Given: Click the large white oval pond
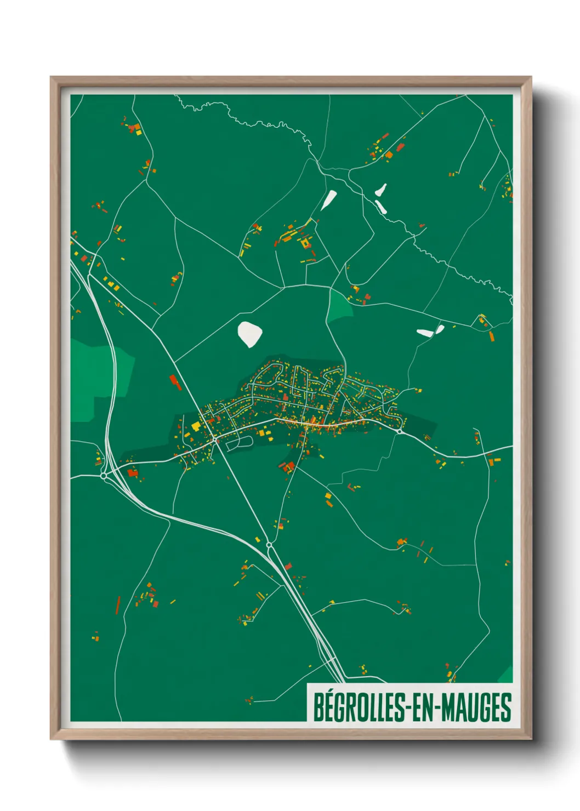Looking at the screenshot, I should (249, 334).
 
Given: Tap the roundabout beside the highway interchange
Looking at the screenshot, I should (104, 476).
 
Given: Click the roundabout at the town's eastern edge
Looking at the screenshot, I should (400, 432).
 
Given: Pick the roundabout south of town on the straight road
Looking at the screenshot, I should (269, 545).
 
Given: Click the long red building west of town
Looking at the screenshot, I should (175, 382).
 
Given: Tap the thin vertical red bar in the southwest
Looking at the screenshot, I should (118, 605).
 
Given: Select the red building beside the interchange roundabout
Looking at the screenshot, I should (132, 472).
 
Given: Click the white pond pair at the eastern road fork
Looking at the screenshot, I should (430, 331).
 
